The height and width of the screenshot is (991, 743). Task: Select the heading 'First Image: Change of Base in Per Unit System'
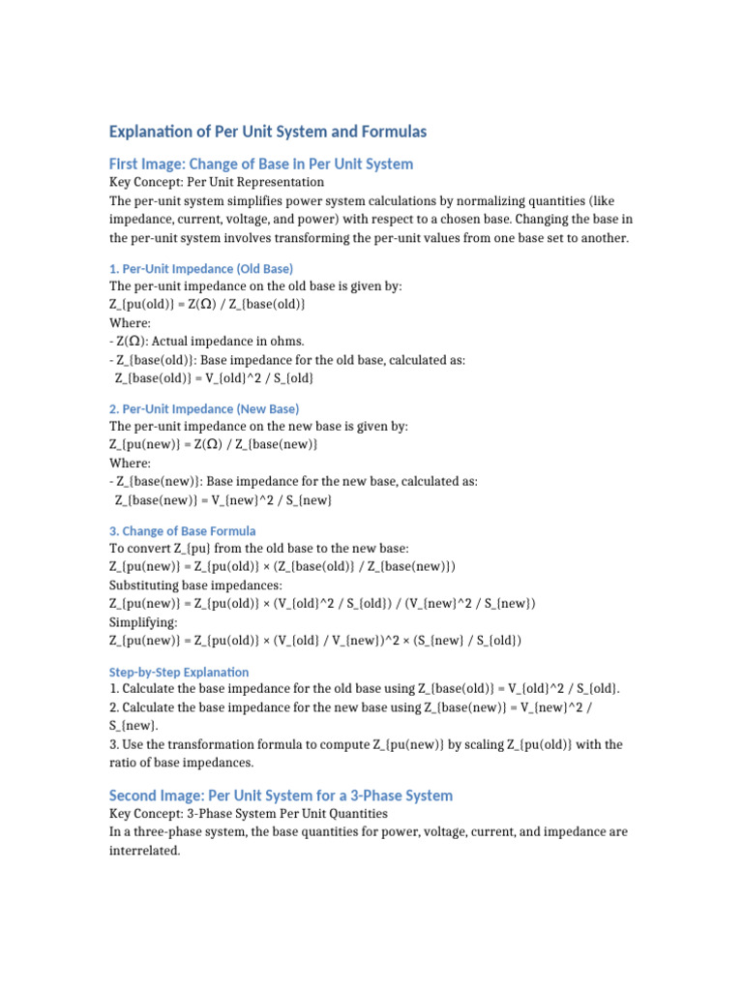click(x=261, y=164)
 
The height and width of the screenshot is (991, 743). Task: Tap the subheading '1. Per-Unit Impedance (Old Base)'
click(x=201, y=268)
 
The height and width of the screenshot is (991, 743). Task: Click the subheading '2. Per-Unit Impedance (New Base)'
click(x=204, y=408)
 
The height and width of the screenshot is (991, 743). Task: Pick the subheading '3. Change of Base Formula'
click(x=183, y=530)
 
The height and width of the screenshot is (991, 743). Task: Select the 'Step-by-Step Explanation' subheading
click(x=179, y=672)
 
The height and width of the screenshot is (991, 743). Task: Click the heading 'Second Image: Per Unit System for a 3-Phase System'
click(x=281, y=796)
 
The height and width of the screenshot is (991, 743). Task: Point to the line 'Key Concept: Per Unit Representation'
click(x=217, y=182)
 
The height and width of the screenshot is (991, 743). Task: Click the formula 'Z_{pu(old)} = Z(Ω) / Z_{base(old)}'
click(x=208, y=305)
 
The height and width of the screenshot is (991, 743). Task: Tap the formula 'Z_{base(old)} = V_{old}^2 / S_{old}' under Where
click(x=214, y=377)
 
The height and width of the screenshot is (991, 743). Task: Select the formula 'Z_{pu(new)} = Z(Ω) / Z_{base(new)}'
click(x=214, y=444)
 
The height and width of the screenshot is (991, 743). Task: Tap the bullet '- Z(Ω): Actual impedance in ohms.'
click(x=207, y=341)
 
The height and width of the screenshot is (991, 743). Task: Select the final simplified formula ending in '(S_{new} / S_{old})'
click(x=315, y=641)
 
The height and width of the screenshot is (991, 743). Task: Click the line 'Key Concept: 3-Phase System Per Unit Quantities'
click(x=249, y=814)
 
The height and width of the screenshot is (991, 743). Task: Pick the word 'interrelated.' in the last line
click(x=145, y=852)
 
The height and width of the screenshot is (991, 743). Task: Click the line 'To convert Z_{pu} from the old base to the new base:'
click(x=259, y=549)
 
